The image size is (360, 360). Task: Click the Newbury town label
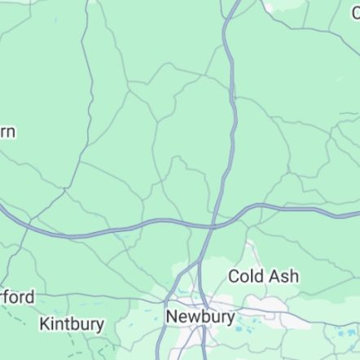[x=200, y=316]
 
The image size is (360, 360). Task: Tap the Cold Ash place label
[x=262, y=276]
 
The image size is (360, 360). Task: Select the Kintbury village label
[x=72, y=324]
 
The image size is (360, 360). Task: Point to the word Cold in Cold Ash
[x=246, y=276]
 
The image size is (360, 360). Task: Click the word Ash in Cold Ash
[x=284, y=276]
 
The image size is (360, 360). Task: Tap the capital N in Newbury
[x=172, y=316]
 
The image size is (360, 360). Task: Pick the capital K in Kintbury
[x=45, y=324]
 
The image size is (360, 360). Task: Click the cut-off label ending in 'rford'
[x=16, y=297]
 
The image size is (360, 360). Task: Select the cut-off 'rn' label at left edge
[x=7, y=132]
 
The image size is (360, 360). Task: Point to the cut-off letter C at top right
[x=356, y=13]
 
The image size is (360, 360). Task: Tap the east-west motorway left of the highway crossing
[x=122, y=228]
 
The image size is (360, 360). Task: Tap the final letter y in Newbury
[x=230, y=318]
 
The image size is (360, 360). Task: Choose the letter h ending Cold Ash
[x=294, y=276]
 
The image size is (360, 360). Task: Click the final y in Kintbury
[x=99, y=326]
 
